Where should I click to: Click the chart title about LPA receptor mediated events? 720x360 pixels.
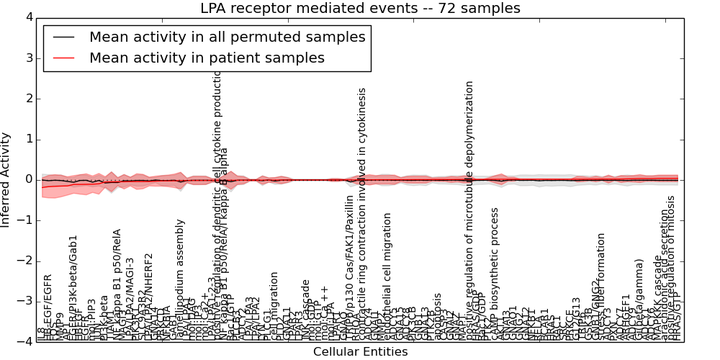pyautogui.click(x=360, y=9)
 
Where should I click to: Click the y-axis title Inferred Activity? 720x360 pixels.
pyautogui.click(x=6, y=179)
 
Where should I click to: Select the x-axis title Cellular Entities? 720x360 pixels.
pyautogui.click(x=360, y=352)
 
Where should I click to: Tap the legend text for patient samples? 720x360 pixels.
pyautogui.click(x=207, y=58)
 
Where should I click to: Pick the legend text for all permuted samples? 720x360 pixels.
pyautogui.click(x=227, y=37)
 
